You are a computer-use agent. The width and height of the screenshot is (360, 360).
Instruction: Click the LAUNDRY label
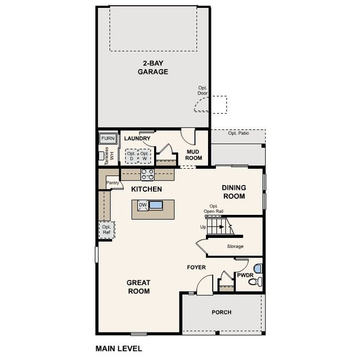pos(137,138)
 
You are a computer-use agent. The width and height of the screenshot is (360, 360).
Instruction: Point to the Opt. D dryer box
pos(131,156)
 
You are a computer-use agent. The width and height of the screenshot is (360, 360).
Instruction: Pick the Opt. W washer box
pos(145,156)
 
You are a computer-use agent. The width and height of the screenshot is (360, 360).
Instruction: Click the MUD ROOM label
pos(193,155)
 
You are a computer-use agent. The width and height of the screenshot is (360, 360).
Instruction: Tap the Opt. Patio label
pos(239,133)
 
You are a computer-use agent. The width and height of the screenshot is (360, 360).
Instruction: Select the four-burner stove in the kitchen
pos(147,174)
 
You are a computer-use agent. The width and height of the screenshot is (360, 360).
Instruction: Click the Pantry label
pos(112,183)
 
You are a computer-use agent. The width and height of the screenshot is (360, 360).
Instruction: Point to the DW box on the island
pos(143,205)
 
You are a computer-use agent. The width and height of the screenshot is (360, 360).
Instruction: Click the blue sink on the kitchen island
pos(156,205)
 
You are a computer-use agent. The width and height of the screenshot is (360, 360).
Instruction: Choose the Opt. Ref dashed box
pos(106,229)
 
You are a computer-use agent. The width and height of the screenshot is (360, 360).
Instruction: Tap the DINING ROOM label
pos(233,192)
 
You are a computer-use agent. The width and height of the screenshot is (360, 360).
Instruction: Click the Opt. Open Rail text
pos(214,209)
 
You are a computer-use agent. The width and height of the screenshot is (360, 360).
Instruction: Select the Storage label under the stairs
pos(235,246)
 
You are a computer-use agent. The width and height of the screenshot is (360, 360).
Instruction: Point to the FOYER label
pos(196,267)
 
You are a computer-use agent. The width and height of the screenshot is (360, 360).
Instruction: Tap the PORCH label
pos(221,312)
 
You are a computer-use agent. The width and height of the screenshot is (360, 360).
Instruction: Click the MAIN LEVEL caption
pos(119,348)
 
